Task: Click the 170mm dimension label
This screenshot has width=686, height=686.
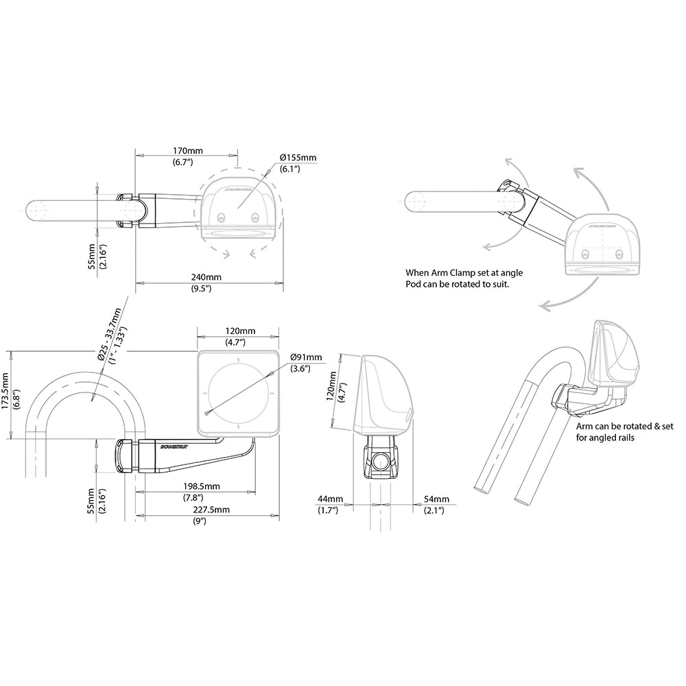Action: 187,150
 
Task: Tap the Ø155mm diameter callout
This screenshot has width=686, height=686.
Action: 298,158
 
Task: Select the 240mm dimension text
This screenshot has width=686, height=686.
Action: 206,277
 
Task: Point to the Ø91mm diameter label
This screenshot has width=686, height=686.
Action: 305,357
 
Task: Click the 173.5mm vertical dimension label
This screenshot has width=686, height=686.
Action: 5,394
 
